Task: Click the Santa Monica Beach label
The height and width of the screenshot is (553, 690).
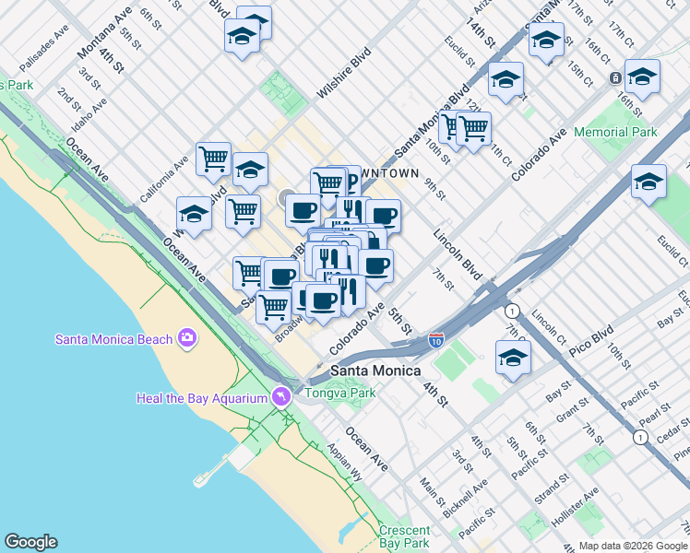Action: click(x=113, y=338)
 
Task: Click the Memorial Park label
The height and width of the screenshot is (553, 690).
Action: click(x=615, y=132)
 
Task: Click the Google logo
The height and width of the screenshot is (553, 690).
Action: click(x=30, y=542)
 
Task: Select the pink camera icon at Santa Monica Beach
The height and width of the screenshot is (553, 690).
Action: click(x=187, y=338)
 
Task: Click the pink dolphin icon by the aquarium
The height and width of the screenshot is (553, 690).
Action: click(x=281, y=396)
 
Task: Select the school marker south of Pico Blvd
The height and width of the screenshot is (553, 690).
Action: click(x=514, y=358)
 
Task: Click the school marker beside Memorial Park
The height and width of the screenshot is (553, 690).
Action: click(x=648, y=181)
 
